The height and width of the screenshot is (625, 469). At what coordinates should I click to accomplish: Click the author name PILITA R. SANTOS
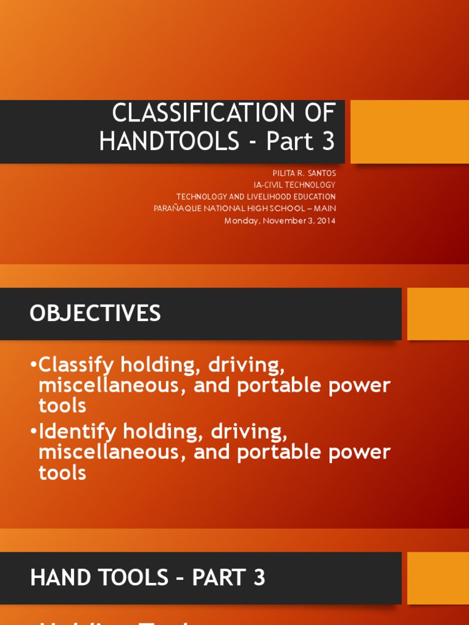point(304,173)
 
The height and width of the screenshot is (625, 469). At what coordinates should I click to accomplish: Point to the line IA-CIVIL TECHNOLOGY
point(294,185)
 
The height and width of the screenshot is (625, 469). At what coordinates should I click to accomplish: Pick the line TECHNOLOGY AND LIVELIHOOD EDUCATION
point(256,197)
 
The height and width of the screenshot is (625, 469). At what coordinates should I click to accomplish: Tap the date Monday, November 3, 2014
point(280,220)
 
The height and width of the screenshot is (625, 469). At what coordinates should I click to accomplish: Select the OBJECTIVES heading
point(95,313)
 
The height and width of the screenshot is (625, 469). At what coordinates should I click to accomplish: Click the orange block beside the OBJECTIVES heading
point(438,314)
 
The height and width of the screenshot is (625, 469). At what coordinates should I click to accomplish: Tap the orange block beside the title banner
point(409,132)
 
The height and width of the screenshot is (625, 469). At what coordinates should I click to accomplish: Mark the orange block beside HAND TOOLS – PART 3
point(438,578)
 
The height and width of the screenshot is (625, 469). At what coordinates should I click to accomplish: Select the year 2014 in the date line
point(326,220)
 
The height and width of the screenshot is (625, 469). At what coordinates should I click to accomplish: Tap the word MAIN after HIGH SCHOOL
point(325,209)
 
